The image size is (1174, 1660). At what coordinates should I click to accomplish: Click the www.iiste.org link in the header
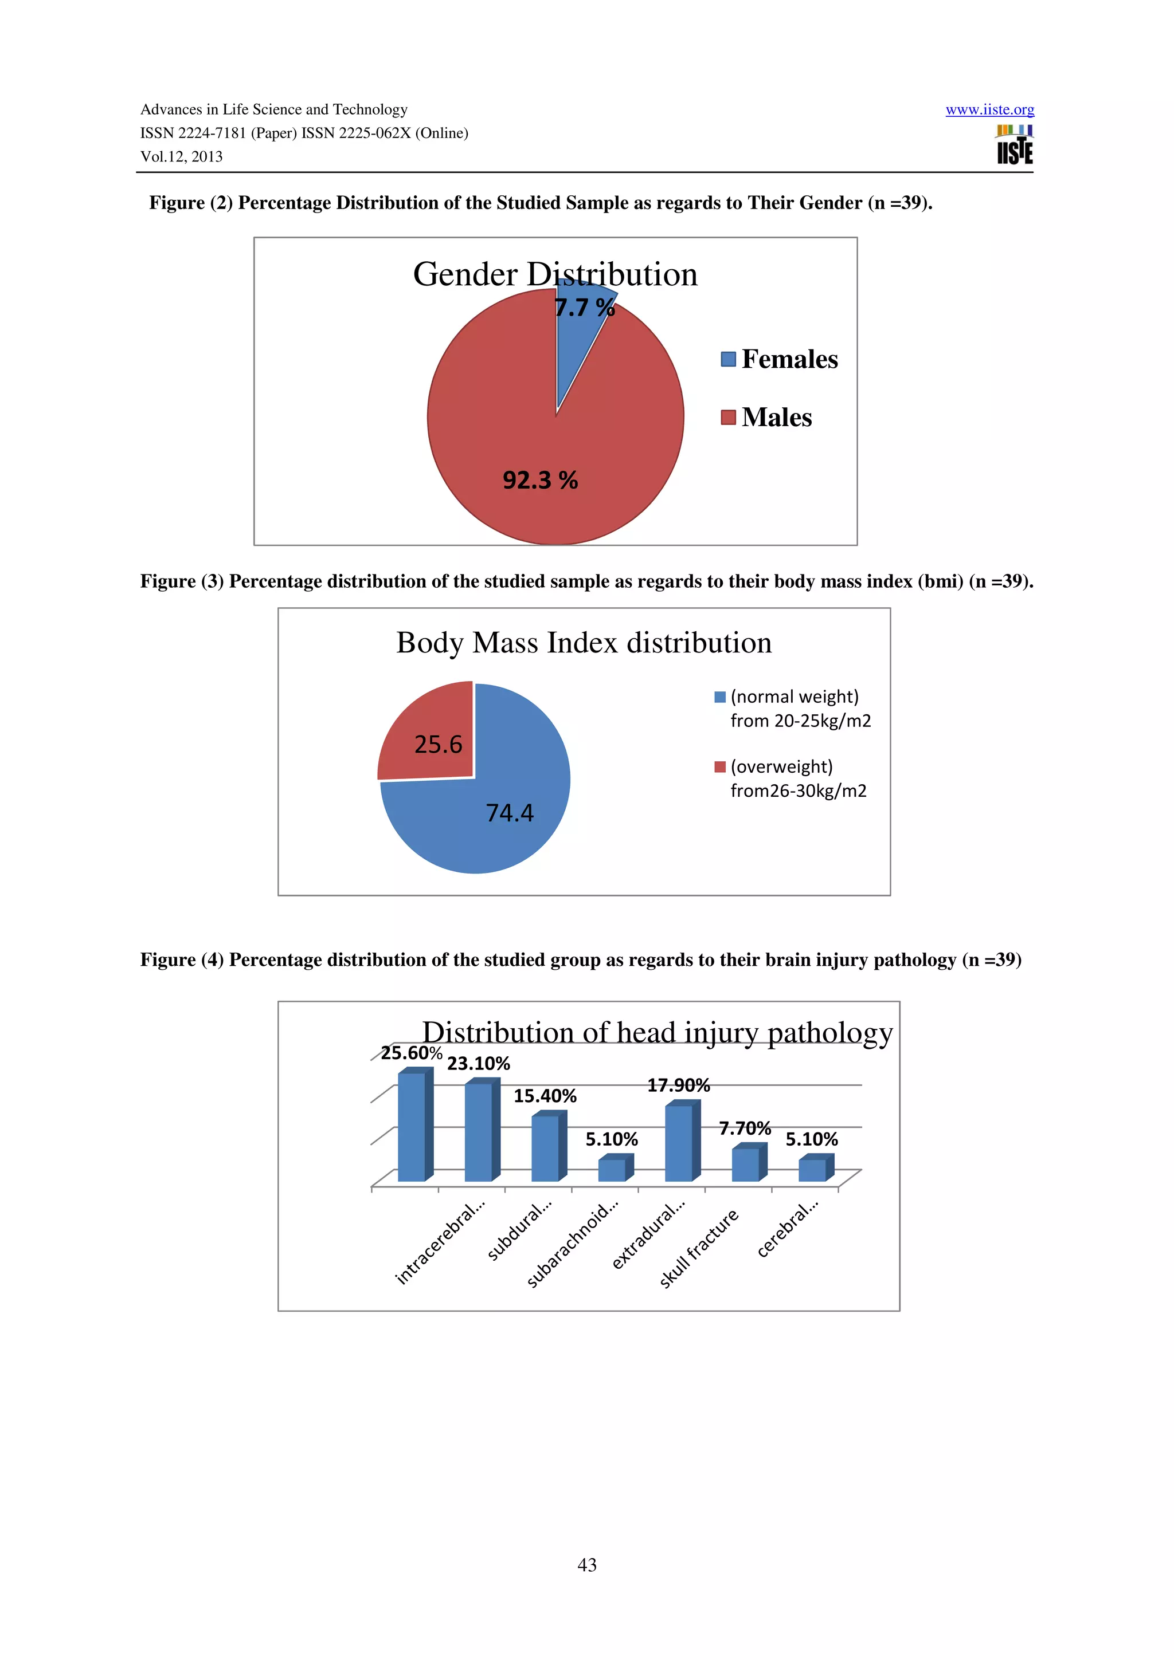pyautogui.click(x=989, y=110)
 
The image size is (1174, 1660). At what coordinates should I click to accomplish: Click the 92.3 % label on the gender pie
pyautogui.click(x=539, y=480)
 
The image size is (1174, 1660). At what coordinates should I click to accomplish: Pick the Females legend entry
pyautogui.click(x=780, y=359)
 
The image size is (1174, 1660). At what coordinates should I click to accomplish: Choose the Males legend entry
pyautogui.click(x=767, y=418)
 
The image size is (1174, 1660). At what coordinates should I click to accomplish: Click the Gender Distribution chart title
pyautogui.click(x=555, y=275)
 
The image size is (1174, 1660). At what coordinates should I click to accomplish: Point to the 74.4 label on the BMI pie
pyautogui.click(x=509, y=813)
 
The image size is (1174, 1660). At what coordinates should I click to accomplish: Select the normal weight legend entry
pyautogui.click(x=793, y=709)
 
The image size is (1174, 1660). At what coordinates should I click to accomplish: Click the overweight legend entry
pyautogui.click(x=790, y=778)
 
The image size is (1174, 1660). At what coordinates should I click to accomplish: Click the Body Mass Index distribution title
pyautogui.click(x=583, y=643)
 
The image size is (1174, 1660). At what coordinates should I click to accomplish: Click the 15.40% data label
pyautogui.click(x=545, y=1096)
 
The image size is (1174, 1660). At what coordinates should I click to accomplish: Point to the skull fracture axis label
pyautogui.click(x=699, y=1248)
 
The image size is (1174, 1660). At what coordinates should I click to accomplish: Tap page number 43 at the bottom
pyautogui.click(x=586, y=1564)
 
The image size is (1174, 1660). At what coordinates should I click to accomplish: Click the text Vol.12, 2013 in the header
pyautogui.click(x=182, y=157)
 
